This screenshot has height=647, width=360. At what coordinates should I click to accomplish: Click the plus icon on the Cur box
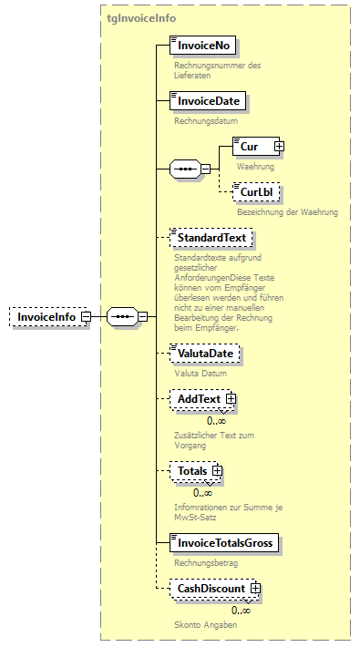click(280, 146)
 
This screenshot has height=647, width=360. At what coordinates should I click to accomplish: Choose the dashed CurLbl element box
click(256, 193)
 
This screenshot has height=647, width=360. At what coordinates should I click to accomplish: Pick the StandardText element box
click(211, 238)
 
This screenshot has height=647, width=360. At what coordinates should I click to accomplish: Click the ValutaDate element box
click(206, 354)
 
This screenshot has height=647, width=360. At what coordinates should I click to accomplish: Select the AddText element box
click(200, 399)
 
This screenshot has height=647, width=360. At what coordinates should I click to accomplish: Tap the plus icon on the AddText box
click(231, 399)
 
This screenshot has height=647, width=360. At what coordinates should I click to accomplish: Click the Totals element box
click(192, 471)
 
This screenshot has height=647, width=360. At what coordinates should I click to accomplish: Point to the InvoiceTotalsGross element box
click(224, 543)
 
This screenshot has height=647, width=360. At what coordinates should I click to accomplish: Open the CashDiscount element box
click(211, 589)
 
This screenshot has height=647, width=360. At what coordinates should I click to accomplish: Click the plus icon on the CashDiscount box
click(255, 589)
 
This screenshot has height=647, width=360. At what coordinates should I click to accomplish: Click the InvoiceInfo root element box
click(46, 316)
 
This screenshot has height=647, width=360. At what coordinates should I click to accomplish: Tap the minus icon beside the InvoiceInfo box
click(86, 316)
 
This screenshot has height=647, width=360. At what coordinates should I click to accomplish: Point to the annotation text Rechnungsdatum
click(206, 120)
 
